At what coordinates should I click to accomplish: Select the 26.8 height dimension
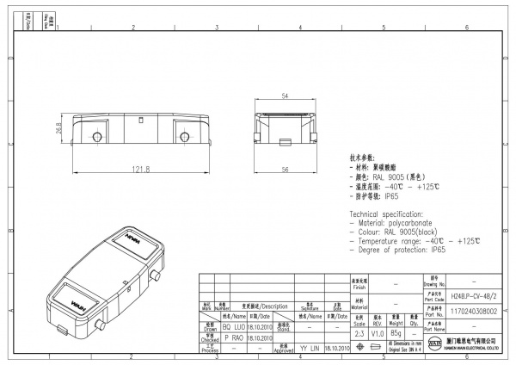coord(59,129)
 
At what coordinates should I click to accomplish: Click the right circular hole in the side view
coord(183,135)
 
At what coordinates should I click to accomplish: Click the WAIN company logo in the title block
coord(434,344)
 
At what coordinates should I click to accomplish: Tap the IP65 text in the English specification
coord(438,250)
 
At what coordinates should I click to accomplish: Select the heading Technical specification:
coord(389,213)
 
